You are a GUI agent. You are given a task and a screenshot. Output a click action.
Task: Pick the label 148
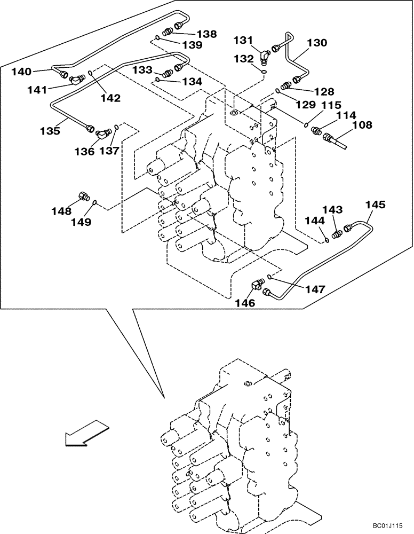62,211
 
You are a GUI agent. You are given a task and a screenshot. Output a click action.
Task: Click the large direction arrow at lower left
85,431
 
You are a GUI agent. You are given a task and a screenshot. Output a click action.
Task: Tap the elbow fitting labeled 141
75,80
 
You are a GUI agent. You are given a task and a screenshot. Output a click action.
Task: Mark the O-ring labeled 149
94,202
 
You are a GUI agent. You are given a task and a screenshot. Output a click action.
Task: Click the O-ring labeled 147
270,276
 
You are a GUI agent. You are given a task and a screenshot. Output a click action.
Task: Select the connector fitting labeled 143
337,233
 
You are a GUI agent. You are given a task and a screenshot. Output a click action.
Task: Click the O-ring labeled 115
306,126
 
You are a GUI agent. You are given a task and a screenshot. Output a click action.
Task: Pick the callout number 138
206,34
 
